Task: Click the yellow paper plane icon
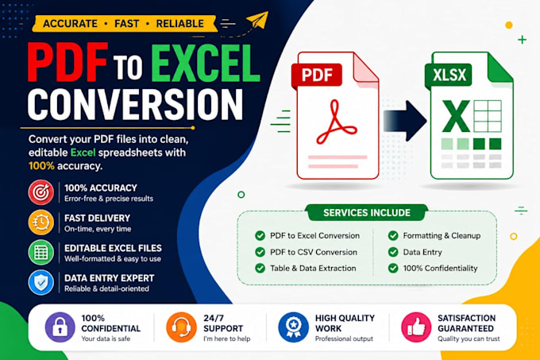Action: tap(257, 21)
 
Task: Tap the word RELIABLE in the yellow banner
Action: tap(179, 23)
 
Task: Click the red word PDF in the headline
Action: tap(67, 63)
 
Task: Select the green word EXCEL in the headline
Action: tap(205, 63)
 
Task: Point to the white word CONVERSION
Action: tap(135, 105)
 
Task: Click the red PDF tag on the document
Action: tap(317, 75)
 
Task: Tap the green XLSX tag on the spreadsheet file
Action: tap(449, 75)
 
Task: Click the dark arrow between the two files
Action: tap(405, 121)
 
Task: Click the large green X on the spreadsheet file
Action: tap(456, 116)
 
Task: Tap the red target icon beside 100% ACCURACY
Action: tap(41, 192)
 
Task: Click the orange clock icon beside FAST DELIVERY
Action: tap(41, 223)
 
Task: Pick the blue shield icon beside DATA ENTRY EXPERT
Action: tap(41, 283)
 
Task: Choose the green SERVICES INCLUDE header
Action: tap(367, 212)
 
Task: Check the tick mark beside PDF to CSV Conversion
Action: tap(260, 252)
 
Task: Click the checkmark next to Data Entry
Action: tap(393, 252)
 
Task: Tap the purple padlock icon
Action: tap(60, 327)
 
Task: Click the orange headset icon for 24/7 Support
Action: tap(181, 327)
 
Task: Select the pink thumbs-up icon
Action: tap(416, 327)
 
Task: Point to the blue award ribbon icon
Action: tap(293, 327)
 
